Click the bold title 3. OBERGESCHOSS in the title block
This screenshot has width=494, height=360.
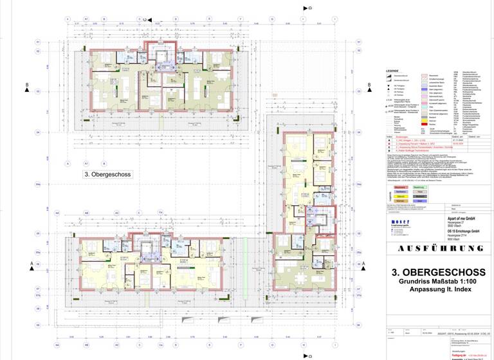tap(438, 273)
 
